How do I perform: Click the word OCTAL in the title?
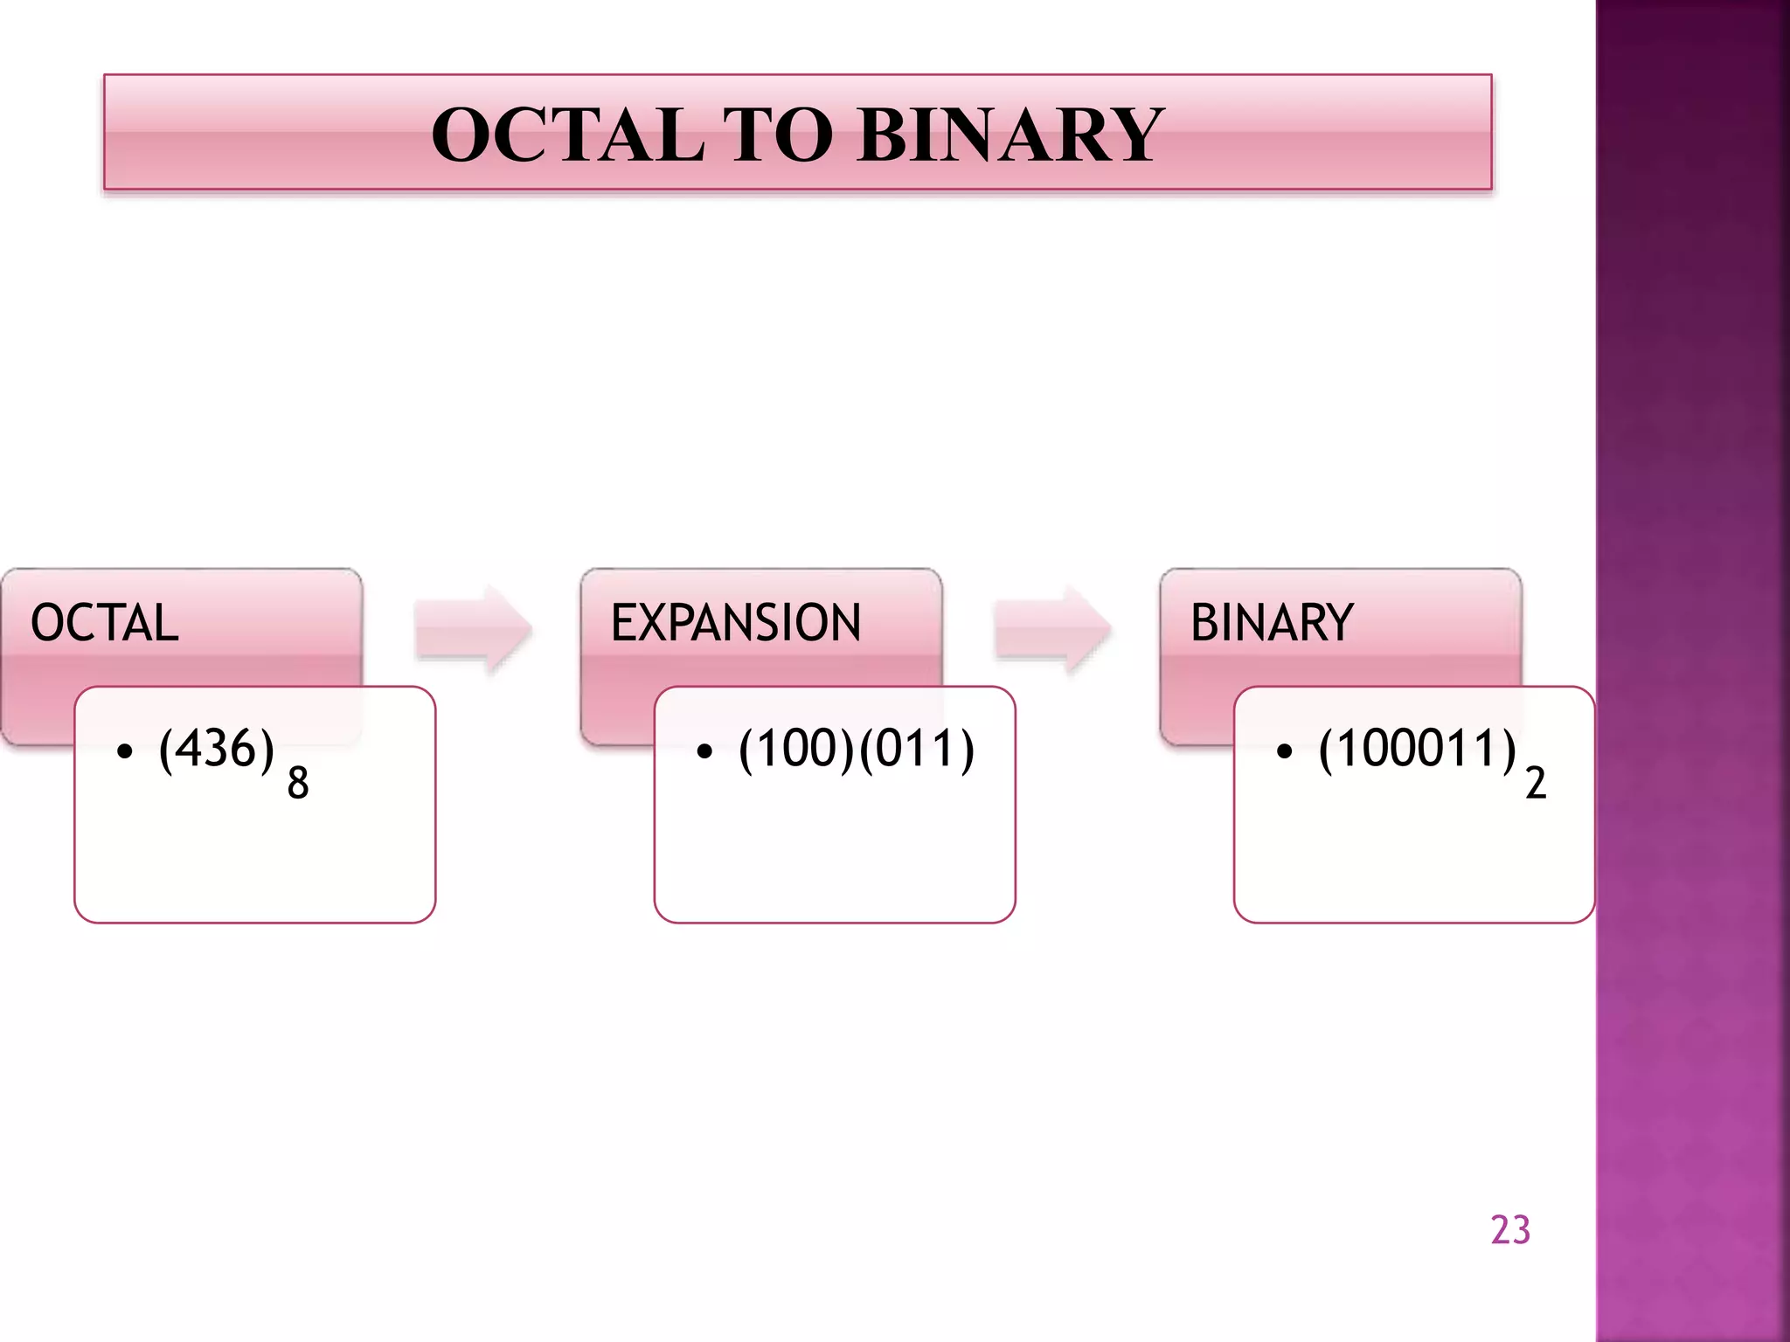pos(568,135)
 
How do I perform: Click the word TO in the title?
pos(778,135)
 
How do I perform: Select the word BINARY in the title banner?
pos(1009,135)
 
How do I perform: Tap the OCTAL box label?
pos(105,623)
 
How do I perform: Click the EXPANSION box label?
pos(735,623)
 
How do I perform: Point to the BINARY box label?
pos(1272,623)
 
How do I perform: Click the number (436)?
pos(217,749)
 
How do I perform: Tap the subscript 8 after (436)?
pos(298,783)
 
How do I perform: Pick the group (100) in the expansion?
pos(796,749)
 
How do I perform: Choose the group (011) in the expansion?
pos(917,749)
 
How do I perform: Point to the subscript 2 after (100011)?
pos(1536,783)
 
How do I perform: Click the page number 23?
pos(1510,1230)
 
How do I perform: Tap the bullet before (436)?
pos(125,751)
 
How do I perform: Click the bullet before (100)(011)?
pos(704,751)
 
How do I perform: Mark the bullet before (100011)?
pos(1284,751)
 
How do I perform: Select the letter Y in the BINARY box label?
pos(1338,623)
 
